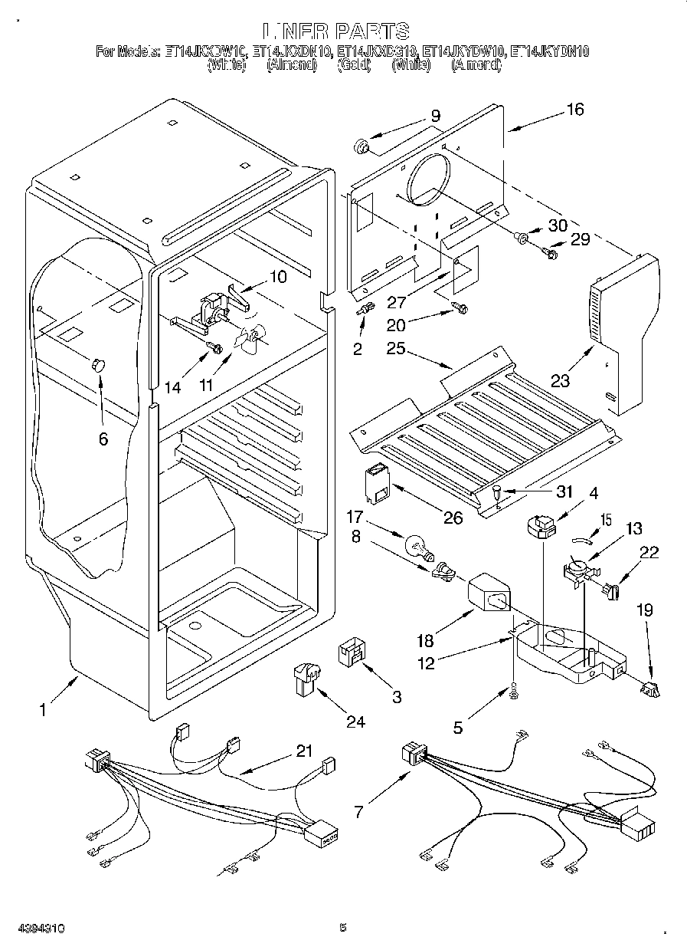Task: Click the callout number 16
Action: coord(574,110)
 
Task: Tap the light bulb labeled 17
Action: coord(416,547)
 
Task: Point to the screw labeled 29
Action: coord(548,251)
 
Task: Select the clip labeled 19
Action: coord(650,689)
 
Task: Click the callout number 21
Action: coord(305,752)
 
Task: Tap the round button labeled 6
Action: coord(98,364)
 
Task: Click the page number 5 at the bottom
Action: coord(343,929)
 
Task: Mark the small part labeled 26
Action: coord(378,486)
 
